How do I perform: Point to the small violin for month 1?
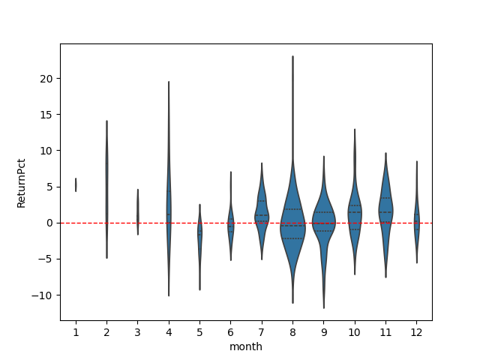pos(76,184)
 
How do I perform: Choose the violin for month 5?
pos(199,232)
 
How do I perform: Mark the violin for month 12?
pos(416,221)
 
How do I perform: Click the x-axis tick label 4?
pos(169,331)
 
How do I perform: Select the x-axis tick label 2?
pos(106,331)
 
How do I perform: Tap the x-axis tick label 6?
pos(230,331)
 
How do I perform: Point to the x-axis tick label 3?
pos(137,331)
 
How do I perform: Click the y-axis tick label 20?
pos(46,79)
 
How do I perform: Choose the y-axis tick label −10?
pos(42,295)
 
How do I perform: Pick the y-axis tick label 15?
pos(46,115)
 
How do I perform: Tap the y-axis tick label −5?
pos(44,259)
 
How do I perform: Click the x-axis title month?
pos(246,346)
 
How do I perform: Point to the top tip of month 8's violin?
pos(292,56)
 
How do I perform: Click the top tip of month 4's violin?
pos(169,82)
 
